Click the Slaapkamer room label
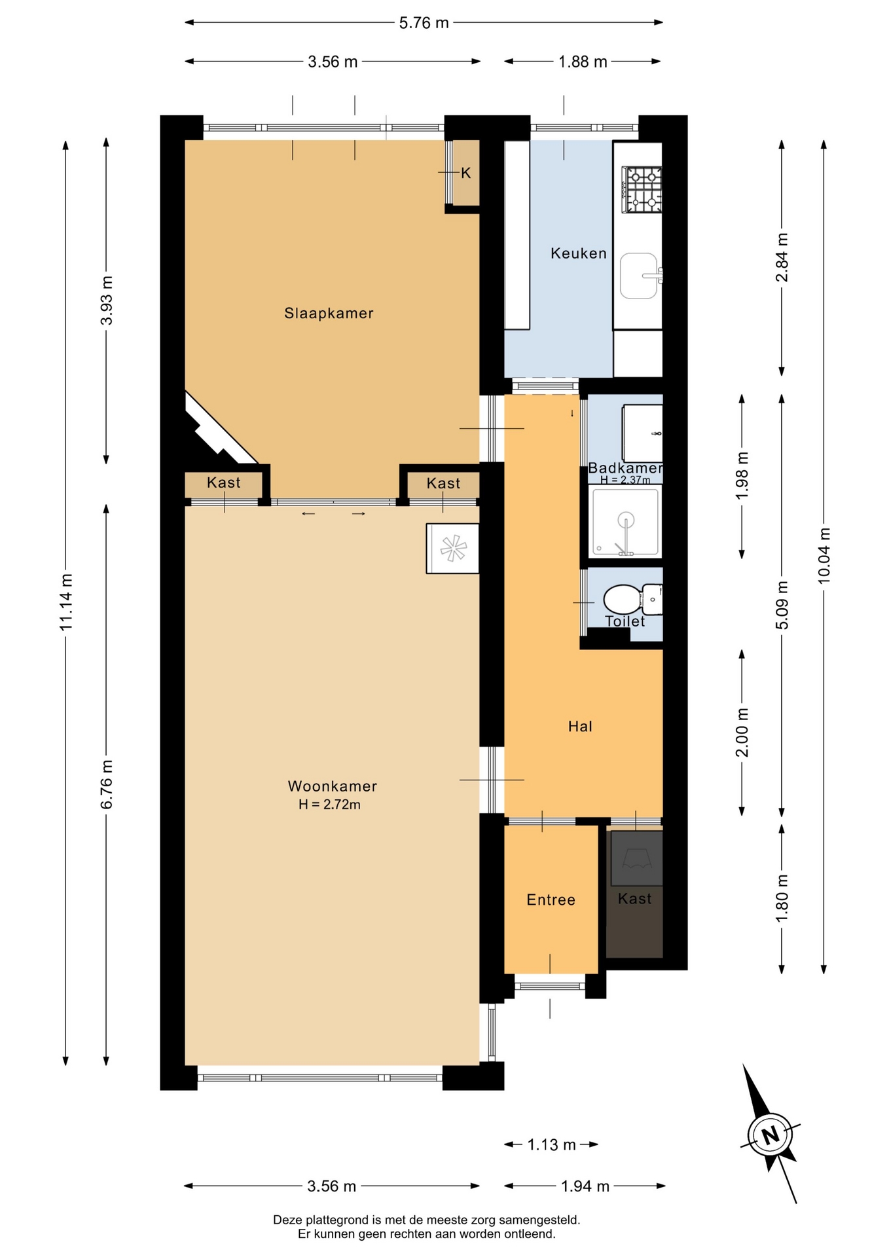pos(329,313)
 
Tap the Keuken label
pos(579,253)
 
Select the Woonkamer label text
pos(333,786)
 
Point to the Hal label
pos(580,726)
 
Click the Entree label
pos(551,900)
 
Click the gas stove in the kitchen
pos(644,190)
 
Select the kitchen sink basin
pos(639,276)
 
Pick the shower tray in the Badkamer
pos(625,522)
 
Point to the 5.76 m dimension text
pos(424,23)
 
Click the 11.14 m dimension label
pos(65,602)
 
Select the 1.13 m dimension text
pos(552,1144)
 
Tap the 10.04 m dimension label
pos(824,556)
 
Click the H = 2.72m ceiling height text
pos(329,805)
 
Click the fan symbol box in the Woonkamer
pos(452,549)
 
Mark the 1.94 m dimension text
pos(585,1186)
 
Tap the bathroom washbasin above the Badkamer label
pos(642,433)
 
